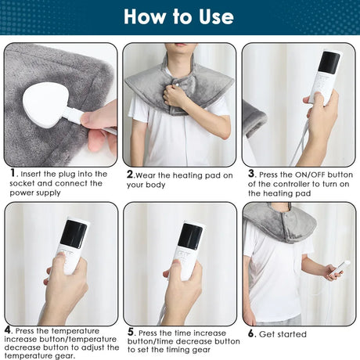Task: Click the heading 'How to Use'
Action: (178, 16)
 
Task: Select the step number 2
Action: (130, 175)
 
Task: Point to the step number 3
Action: (251, 174)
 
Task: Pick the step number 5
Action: (130, 332)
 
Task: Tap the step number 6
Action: (251, 333)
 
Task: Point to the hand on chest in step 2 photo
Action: (173, 95)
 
